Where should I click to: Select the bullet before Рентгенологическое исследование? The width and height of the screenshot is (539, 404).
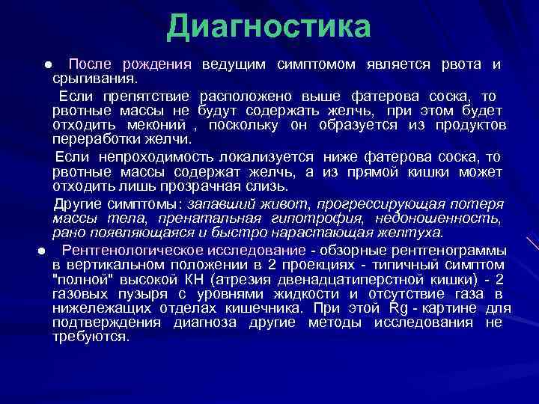[x=43, y=251]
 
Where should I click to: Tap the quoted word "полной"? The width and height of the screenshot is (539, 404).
[x=79, y=280]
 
